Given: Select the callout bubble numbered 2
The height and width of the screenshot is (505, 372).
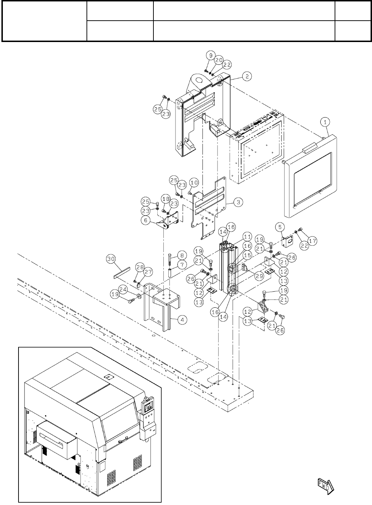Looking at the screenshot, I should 246,76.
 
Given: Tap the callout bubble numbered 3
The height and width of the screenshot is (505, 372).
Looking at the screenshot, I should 239,202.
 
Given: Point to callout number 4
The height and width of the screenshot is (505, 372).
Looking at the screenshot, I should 182,320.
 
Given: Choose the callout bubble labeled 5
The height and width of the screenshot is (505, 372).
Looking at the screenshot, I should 280,227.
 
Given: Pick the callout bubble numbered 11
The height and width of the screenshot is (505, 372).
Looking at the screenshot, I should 247,236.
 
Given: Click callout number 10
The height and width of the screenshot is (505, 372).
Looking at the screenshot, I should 193,183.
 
